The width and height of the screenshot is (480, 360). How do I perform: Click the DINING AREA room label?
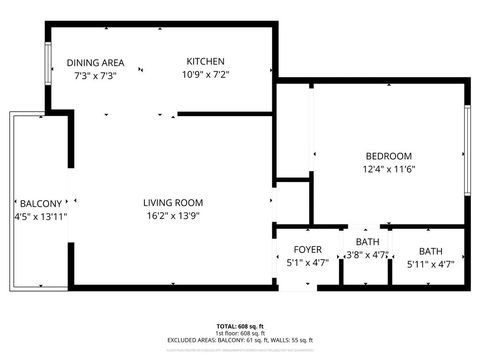[96, 62]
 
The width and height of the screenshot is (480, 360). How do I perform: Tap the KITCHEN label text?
[205, 62]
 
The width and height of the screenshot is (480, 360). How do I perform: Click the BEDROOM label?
[388, 156]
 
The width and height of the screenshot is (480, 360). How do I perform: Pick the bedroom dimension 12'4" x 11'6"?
[388, 170]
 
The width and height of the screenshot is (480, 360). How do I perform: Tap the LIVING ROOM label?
[173, 202]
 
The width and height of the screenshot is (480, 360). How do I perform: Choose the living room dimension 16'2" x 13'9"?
[173, 216]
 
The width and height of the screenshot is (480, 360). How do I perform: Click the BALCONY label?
[41, 202]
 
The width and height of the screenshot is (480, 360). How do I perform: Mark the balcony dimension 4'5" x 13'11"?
[41, 216]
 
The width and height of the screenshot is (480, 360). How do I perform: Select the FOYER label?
[307, 249]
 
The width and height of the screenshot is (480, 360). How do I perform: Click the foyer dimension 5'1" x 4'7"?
[307, 263]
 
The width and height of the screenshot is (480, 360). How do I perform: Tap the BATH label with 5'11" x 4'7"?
[430, 251]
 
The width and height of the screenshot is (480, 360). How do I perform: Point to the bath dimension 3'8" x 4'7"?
[366, 255]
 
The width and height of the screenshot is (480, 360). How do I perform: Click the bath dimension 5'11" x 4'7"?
[430, 264]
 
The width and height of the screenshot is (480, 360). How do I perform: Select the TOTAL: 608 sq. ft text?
[240, 326]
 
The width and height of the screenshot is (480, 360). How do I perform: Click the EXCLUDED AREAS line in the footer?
[240, 340]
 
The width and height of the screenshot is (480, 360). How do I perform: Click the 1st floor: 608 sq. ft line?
[240, 333]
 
